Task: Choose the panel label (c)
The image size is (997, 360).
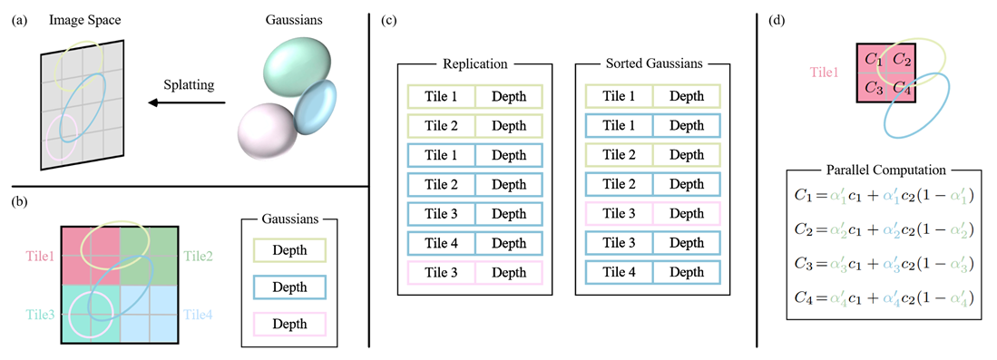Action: (x=389, y=20)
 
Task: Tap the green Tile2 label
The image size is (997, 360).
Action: (x=198, y=257)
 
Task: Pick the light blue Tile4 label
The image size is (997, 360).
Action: (x=198, y=314)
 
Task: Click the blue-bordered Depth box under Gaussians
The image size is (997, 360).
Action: (x=289, y=287)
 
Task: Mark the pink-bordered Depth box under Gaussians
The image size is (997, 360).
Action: (x=289, y=324)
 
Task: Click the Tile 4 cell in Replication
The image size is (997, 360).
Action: (x=441, y=243)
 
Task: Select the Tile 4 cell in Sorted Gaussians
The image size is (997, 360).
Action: (x=619, y=272)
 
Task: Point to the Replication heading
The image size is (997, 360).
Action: (x=474, y=64)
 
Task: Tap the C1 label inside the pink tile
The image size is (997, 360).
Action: (x=874, y=60)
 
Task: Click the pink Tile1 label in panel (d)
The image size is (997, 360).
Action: (x=824, y=73)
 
